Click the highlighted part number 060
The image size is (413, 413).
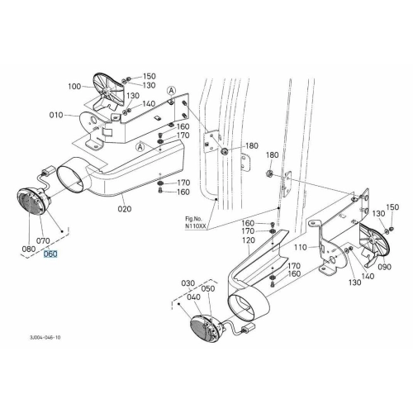click(x=50, y=254)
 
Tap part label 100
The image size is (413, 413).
click(x=74, y=87)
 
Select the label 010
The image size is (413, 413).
click(x=56, y=115)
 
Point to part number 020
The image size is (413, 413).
click(x=125, y=209)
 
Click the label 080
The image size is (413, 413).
click(x=29, y=249)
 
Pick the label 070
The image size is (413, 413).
click(x=43, y=241)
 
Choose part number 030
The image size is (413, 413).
click(x=188, y=283)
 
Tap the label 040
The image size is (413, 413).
click(x=194, y=297)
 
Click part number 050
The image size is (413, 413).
click(x=208, y=288)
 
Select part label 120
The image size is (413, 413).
click(x=249, y=240)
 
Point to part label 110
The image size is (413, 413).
click(x=300, y=248)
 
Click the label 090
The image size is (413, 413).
click(x=385, y=267)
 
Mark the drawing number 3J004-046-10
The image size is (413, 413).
click(x=45, y=337)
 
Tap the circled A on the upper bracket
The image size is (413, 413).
click(x=172, y=90)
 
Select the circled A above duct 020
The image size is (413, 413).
click(x=140, y=147)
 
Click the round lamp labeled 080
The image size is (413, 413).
click(x=31, y=201)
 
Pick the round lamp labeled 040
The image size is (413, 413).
click(x=206, y=329)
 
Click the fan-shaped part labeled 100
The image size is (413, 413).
click(x=107, y=93)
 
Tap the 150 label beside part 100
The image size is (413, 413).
click(x=149, y=76)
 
